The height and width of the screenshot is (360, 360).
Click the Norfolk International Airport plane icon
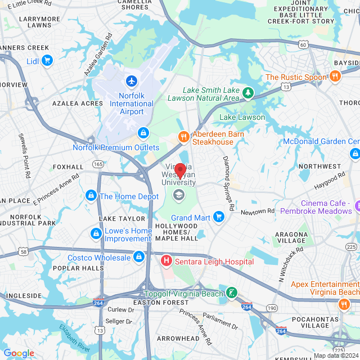coord(132,82)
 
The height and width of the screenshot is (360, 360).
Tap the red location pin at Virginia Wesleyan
coord(180,170)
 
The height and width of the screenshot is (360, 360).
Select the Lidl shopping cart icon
coord(47,60)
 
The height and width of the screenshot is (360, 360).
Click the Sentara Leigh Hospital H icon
coord(166,261)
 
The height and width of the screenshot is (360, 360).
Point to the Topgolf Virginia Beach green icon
coord(231,292)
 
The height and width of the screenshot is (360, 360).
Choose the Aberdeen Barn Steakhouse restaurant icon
coord(183,137)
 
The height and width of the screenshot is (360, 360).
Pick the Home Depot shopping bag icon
coord(90,196)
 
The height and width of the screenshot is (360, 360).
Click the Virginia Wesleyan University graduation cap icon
coord(179,195)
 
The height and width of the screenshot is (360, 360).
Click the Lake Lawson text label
coord(242,117)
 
